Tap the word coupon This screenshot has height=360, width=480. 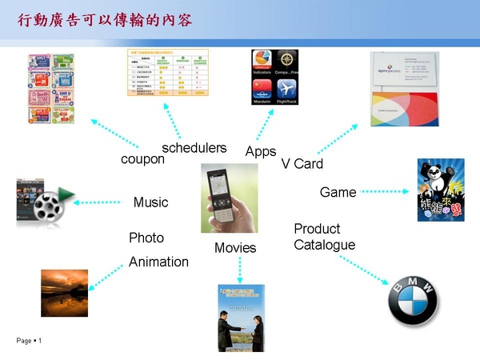click(142, 159)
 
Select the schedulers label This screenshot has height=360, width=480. click(194, 148)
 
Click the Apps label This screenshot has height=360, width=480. click(261, 152)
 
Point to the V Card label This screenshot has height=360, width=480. click(302, 164)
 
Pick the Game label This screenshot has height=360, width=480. click(338, 193)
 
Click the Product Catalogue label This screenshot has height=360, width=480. click(324, 237)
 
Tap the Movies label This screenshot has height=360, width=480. click(235, 248)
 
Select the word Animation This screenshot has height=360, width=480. click(158, 262)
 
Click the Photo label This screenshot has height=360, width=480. click(146, 238)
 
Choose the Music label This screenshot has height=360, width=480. click(150, 202)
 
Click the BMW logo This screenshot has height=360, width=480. click(412, 302)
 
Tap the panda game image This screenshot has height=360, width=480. click(440, 190)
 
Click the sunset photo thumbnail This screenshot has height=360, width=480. click(64, 293)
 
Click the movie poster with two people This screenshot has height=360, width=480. click(241, 318)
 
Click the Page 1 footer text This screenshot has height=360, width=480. click(29, 342)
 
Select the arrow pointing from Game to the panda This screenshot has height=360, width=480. click(384, 192)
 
